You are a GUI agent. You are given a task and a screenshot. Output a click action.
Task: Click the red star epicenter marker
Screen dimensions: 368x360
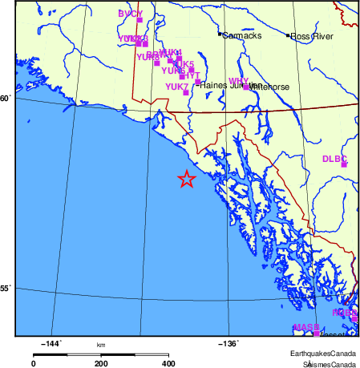(x=186, y=179)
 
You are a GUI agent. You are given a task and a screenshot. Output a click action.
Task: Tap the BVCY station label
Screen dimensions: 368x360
(x=130, y=14)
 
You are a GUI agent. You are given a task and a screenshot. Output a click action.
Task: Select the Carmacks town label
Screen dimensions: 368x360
(x=241, y=35)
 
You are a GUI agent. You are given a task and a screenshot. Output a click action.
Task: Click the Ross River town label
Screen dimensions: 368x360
(x=311, y=36)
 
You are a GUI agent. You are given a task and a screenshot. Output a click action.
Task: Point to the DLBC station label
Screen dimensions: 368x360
(x=334, y=159)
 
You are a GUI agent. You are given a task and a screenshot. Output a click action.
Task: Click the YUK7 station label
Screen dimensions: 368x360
(x=176, y=86)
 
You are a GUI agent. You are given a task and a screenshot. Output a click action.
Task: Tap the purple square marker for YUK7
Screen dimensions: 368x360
(x=186, y=92)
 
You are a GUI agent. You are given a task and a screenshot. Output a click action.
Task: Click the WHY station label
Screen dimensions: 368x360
(x=238, y=81)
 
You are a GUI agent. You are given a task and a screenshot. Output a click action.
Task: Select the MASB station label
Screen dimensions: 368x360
(x=305, y=327)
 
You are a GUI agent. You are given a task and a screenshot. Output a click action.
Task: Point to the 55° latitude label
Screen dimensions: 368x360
(x=6, y=288)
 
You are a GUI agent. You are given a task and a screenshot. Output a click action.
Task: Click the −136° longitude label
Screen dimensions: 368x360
(x=228, y=344)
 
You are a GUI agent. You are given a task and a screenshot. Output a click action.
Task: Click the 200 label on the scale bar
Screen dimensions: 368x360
(x=101, y=363)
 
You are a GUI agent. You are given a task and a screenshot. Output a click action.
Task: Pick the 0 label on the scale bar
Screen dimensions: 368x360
(x=34, y=363)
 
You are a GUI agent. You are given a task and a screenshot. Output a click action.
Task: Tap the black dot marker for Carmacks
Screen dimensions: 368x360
(x=220, y=34)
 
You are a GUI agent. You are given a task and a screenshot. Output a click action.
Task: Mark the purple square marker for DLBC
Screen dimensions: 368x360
(x=345, y=164)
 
